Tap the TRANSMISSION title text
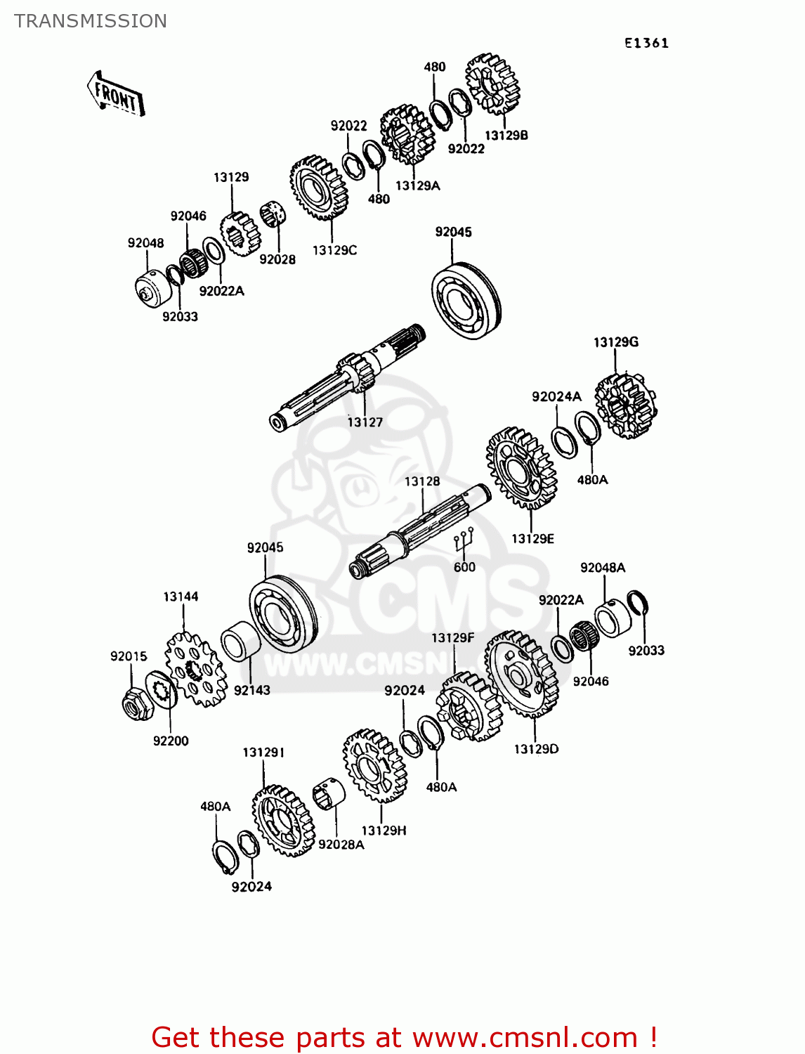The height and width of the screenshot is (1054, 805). pyautogui.click(x=91, y=21)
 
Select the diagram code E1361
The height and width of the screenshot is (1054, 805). pyautogui.click(x=646, y=43)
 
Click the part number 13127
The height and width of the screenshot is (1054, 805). pyautogui.click(x=365, y=422)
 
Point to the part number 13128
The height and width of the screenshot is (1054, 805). pyautogui.click(x=422, y=481)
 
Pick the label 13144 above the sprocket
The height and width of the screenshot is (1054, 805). pyautogui.click(x=181, y=597)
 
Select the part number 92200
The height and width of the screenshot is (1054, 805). pyautogui.click(x=171, y=741)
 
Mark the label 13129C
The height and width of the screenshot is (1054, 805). pyautogui.click(x=334, y=250)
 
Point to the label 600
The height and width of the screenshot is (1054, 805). pyautogui.click(x=464, y=567)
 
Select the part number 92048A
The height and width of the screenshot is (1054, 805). pyautogui.click(x=603, y=568)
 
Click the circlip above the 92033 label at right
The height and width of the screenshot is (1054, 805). pyautogui.click(x=638, y=603)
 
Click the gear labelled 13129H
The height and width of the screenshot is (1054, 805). pyautogui.click(x=375, y=765)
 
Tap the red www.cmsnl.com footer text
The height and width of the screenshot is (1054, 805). pyautogui.click(x=535, y=1037)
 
